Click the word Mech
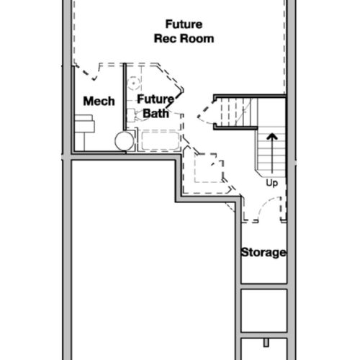click(99, 101)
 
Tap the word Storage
click(264, 253)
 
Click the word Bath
click(156, 113)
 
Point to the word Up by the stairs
click(271, 183)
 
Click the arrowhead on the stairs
click(272, 137)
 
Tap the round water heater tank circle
click(125, 141)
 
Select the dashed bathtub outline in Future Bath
click(161, 140)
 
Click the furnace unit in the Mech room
click(84, 123)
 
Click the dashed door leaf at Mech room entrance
click(87, 73)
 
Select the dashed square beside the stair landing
click(209, 168)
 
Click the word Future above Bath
click(156, 99)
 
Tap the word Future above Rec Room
click(184, 24)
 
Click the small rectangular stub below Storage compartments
click(266, 343)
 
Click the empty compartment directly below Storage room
click(264, 310)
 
